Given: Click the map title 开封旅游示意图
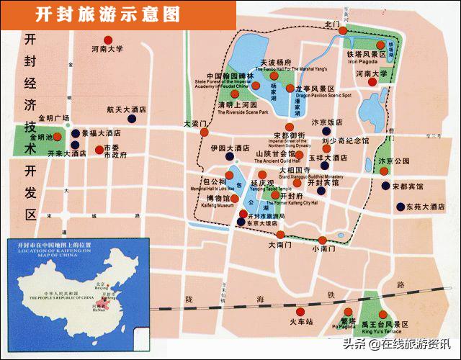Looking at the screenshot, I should [107, 14].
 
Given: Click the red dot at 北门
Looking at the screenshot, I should [344, 30].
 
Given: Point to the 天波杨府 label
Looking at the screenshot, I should [276, 63].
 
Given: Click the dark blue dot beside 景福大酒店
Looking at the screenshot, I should [75, 133].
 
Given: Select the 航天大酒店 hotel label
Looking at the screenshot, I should [127, 110].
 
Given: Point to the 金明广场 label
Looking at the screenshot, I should [53, 117].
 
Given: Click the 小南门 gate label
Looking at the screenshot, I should [324, 248].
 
